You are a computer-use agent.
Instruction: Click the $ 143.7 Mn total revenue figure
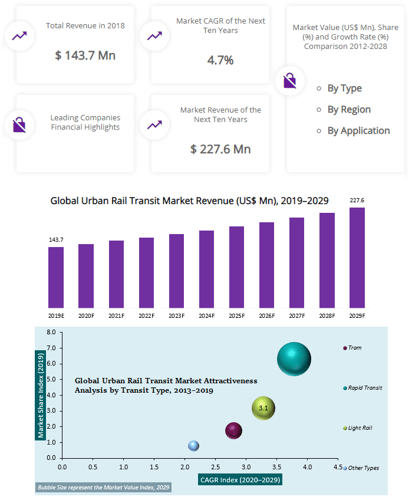(x=85, y=55)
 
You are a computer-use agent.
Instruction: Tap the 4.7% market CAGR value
(x=220, y=60)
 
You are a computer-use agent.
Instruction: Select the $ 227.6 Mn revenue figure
(x=220, y=149)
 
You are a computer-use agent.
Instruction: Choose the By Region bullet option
(x=349, y=110)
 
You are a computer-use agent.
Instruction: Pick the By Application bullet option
(x=358, y=131)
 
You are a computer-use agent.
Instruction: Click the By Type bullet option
(x=344, y=88)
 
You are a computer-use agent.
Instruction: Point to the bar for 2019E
(x=56, y=277)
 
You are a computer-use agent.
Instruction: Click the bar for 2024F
(x=206, y=269)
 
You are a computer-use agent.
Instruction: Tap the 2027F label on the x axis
(x=296, y=315)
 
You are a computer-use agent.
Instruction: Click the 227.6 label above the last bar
(x=357, y=201)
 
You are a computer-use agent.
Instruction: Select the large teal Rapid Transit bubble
(x=294, y=358)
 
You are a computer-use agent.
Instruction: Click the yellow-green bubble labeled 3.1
(x=263, y=408)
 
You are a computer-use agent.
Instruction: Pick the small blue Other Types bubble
(x=193, y=446)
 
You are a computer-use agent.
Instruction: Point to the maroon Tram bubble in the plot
(x=233, y=431)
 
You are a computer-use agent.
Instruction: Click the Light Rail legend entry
(x=360, y=428)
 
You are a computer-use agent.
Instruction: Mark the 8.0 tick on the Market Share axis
(x=51, y=333)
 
